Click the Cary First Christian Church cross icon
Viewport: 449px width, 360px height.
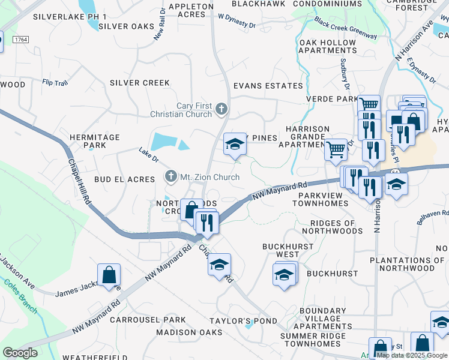tap(221, 109)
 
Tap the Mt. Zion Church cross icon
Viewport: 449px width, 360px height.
tap(171, 176)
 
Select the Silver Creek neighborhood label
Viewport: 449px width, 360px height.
tap(139, 83)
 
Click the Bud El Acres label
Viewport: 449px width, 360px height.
tap(124, 179)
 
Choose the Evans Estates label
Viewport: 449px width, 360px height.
tap(268, 86)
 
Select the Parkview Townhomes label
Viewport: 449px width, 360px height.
tap(320, 199)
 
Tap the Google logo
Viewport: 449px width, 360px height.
tap(20, 353)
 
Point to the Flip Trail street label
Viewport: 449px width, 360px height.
tap(55, 82)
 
